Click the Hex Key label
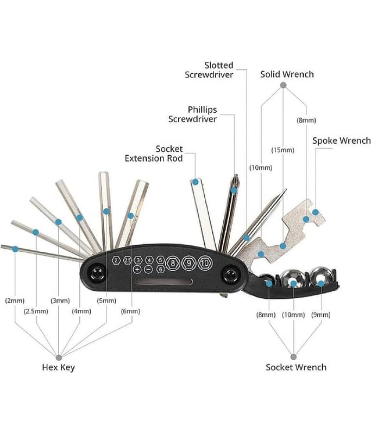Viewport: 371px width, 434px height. click(x=58, y=367)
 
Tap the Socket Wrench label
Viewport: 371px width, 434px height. click(x=296, y=367)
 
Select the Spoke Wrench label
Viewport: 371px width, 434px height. click(x=341, y=141)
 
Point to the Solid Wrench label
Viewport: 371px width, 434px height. click(x=287, y=74)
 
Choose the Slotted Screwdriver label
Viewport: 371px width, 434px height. click(x=209, y=70)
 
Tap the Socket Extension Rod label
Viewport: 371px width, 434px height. click(x=154, y=153)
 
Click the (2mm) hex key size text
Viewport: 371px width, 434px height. click(x=15, y=300)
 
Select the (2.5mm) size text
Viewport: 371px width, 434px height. click(x=36, y=311)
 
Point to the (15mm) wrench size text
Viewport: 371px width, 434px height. click(x=282, y=150)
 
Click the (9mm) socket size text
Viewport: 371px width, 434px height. click(x=320, y=314)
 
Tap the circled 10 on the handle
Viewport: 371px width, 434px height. click(x=204, y=263)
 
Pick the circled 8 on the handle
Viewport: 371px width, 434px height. click(x=173, y=263)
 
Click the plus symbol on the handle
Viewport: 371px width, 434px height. click(x=137, y=269)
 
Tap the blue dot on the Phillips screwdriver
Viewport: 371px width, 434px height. click(x=234, y=190)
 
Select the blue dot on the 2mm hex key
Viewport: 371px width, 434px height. click(x=15, y=249)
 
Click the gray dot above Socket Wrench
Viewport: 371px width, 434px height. click(x=294, y=356)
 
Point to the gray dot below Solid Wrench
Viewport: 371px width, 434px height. click(x=283, y=85)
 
